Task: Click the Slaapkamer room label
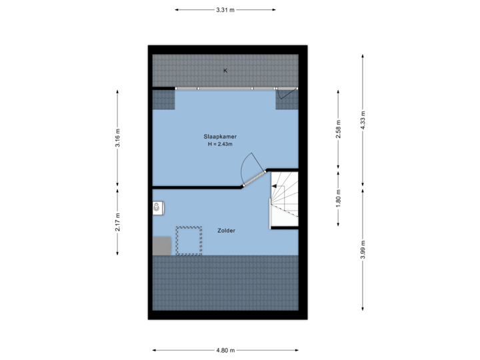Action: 220,137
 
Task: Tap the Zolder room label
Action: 226,231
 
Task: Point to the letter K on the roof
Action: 225,71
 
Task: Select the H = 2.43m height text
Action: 220,144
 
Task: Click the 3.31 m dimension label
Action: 225,10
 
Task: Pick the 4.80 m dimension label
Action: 225,350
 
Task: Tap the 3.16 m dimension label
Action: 117,138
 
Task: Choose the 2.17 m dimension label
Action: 117,222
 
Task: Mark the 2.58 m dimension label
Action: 338,129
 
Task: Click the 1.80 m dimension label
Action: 338,199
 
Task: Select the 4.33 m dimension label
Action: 363,120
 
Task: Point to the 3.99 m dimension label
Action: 363,249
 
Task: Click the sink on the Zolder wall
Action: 158,208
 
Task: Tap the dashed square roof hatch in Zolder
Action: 189,241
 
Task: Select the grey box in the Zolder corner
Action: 162,245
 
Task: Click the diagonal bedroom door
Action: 255,179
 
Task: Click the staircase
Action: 284,199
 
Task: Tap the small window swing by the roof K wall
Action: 286,93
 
